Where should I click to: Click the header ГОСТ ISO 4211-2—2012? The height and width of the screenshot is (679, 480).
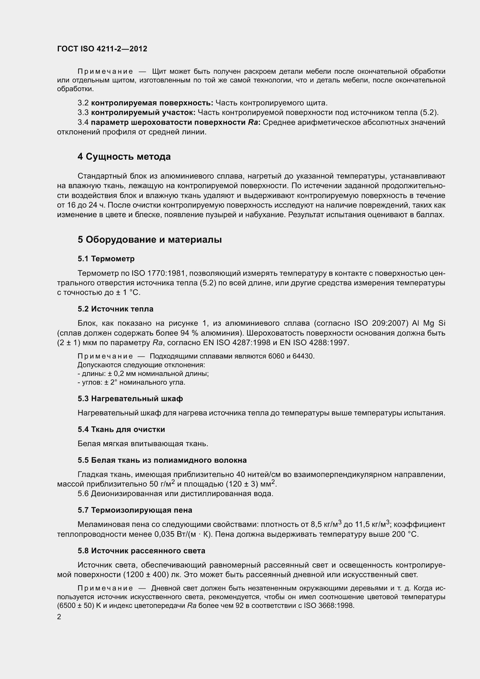point(102,49)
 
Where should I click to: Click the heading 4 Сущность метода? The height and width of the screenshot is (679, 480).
point(124,157)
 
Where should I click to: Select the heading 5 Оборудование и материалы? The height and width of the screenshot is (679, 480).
point(149,239)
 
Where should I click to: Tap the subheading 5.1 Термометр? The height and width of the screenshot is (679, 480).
point(106,259)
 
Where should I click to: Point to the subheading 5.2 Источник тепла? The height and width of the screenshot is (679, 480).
point(116,309)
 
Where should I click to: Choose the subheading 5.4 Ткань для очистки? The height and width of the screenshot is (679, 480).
point(121,429)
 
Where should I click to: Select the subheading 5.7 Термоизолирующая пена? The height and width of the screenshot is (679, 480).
point(135,510)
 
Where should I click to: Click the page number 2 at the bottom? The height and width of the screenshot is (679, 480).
point(59,617)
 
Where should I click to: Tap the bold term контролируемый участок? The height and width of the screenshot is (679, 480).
point(143,113)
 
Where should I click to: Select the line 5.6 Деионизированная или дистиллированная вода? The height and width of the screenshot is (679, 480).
point(175,494)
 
